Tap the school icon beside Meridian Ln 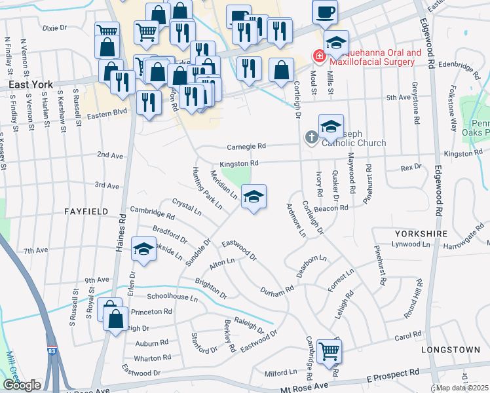[x=254, y=196]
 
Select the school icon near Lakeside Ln [x=143, y=249]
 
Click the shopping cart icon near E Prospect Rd [x=328, y=350]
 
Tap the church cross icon [x=312, y=138]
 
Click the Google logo [x=22, y=384]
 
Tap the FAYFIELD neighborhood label [x=85, y=212]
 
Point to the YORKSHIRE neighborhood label [x=421, y=233]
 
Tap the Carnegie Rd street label [x=246, y=147]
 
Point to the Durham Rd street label [x=277, y=290]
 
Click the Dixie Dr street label [x=54, y=29]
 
